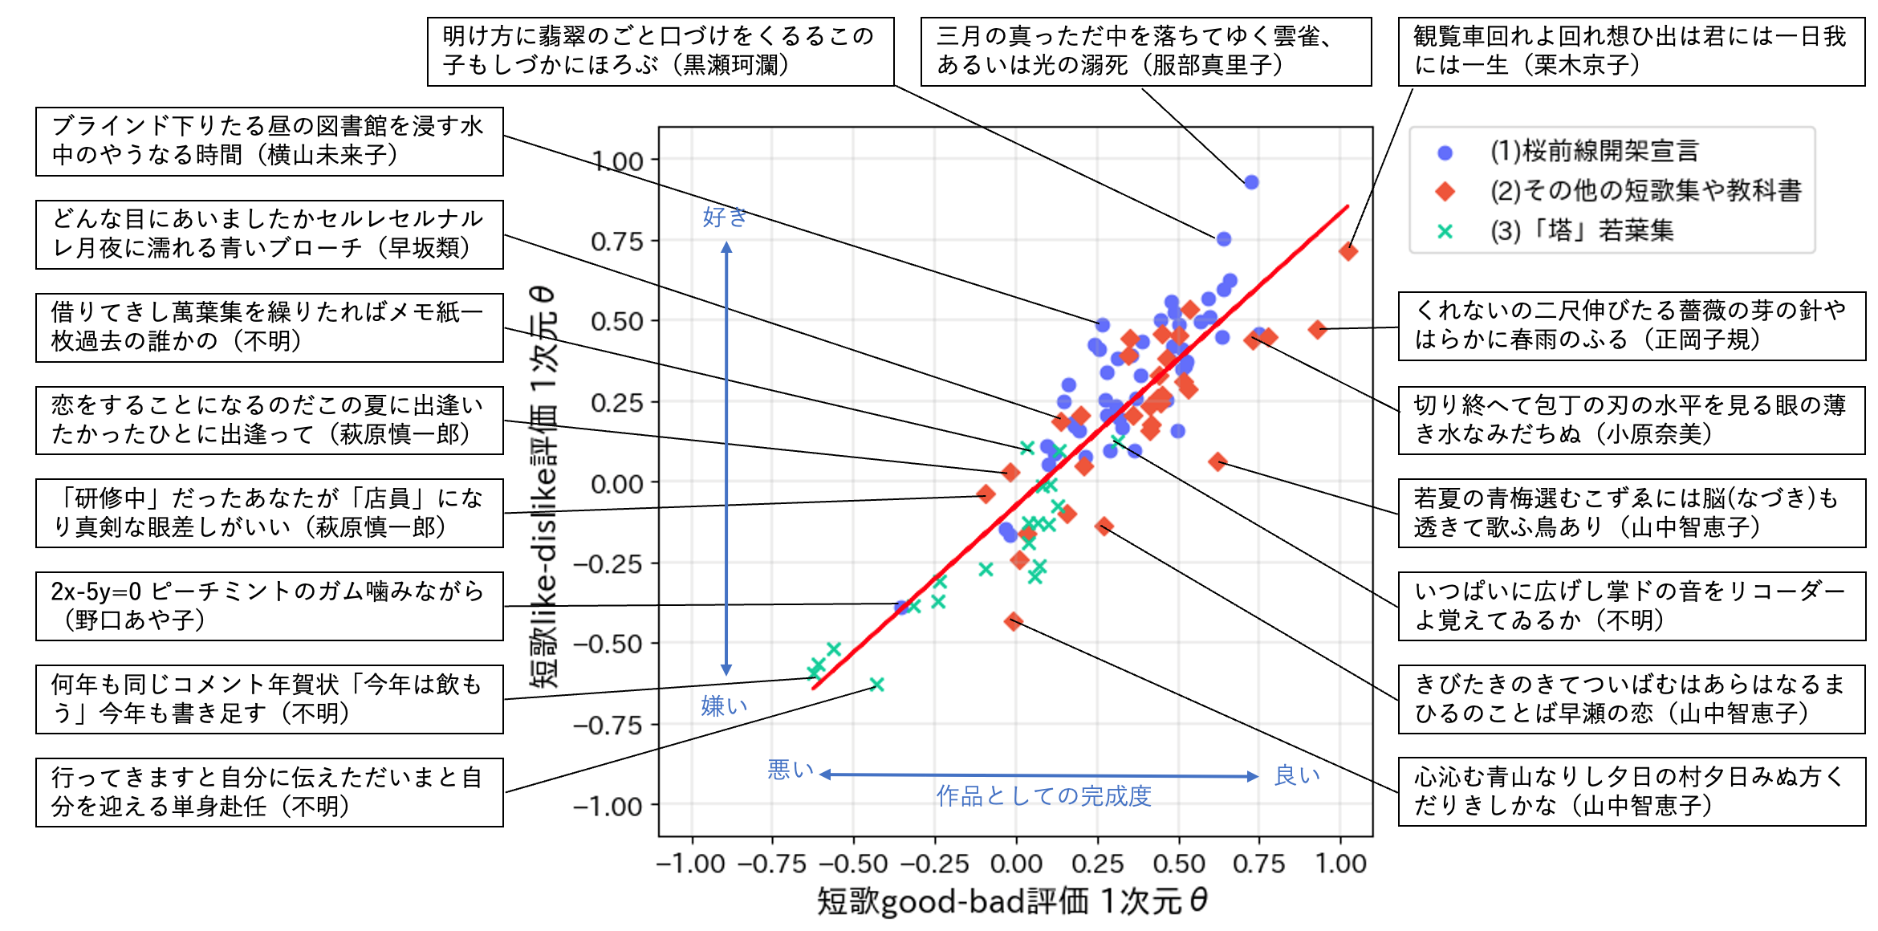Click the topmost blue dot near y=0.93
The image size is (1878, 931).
(1250, 182)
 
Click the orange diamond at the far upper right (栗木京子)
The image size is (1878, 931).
(1348, 251)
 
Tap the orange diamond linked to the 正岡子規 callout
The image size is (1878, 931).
(1317, 329)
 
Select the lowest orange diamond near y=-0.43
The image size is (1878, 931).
(1013, 620)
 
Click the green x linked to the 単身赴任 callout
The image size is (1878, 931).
(876, 685)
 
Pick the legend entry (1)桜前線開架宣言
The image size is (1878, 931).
(1594, 151)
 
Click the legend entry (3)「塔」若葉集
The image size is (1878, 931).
(1581, 231)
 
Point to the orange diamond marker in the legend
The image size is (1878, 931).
(1445, 191)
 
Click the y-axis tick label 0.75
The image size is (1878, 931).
(616, 242)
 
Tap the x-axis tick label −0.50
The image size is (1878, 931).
(852, 864)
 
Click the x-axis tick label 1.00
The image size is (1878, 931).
(1340, 864)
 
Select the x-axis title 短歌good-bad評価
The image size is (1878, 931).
(1011, 901)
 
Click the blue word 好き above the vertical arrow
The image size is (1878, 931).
(725, 217)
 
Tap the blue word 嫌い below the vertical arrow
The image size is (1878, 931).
(724, 706)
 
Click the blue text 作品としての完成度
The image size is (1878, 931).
(1043, 795)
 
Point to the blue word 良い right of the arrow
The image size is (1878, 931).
(1297, 775)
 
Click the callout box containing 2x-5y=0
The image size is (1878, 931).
(269, 606)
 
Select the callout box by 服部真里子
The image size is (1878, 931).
(1145, 51)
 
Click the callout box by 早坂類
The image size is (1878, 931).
(269, 234)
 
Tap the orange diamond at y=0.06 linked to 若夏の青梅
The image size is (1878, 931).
(1217, 461)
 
